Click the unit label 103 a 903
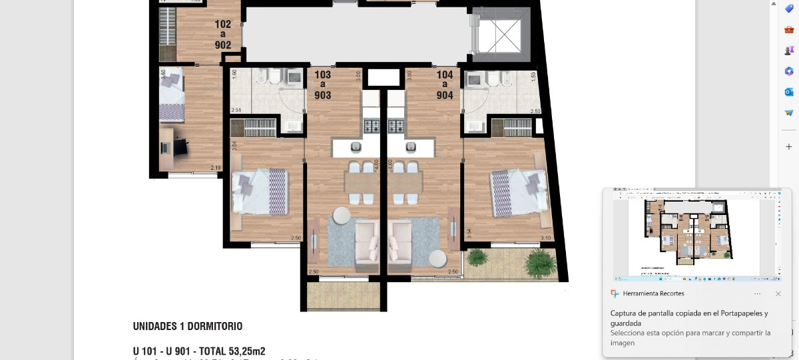tap(323, 85)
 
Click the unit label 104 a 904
tap(445, 85)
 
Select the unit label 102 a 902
tap(223, 35)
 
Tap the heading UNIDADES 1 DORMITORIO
tap(188, 327)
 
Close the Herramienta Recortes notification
tap(778, 293)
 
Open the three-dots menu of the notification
tap(757, 293)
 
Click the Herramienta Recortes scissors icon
tap(615, 293)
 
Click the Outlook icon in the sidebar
tap(789, 92)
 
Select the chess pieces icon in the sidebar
tap(789, 50)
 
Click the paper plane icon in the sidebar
tap(789, 113)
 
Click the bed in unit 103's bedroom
tap(260, 191)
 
